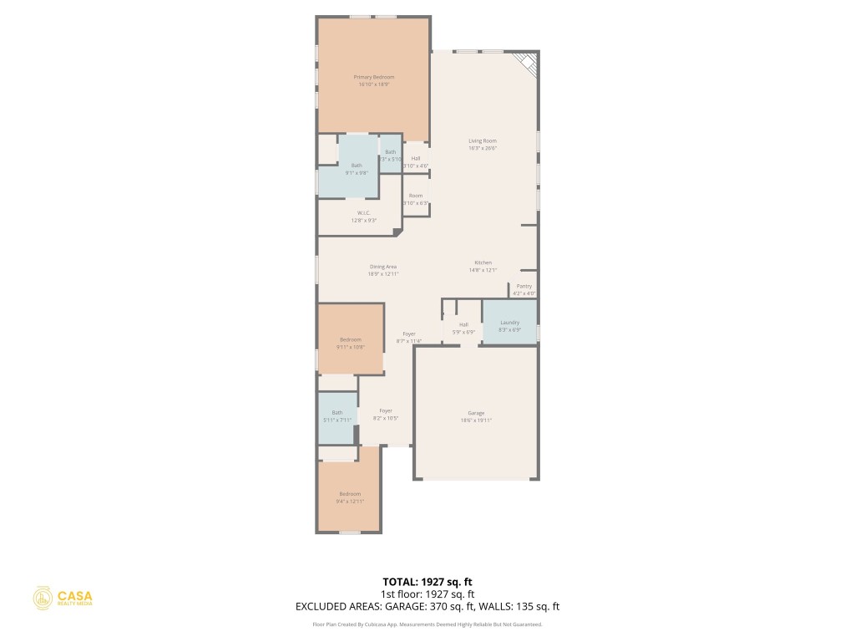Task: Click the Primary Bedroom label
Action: click(373, 77)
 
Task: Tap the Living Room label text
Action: click(483, 141)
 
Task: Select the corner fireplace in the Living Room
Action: click(527, 63)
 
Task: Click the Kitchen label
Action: click(483, 262)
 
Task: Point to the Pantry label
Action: click(524, 286)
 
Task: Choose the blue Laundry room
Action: click(509, 322)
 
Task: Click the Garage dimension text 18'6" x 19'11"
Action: click(476, 420)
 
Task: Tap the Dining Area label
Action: click(383, 267)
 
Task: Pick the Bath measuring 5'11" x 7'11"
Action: click(337, 415)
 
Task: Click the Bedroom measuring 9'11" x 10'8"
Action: click(350, 342)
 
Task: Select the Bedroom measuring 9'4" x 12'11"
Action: click(350, 497)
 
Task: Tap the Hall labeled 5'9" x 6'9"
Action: click(463, 328)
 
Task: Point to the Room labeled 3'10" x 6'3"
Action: click(416, 199)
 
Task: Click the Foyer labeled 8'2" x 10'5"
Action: click(386, 414)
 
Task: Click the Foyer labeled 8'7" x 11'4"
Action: click(409, 337)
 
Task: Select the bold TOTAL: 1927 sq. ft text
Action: click(427, 582)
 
